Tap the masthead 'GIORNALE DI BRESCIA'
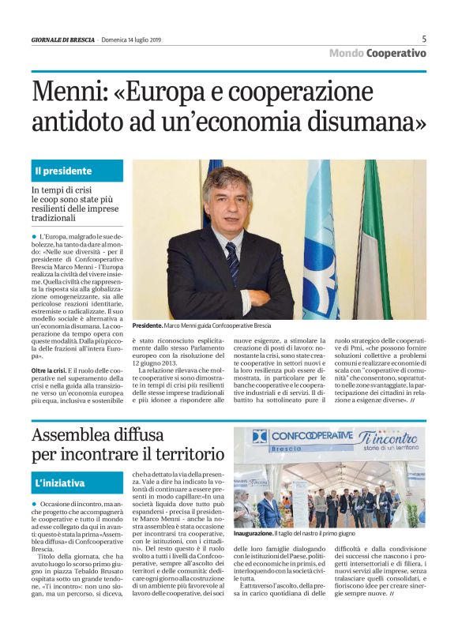point(63,39)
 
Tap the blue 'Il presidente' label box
point(77,171)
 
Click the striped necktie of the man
point(232,260)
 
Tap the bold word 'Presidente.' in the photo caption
point(148,326)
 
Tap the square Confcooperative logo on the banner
point(260,437)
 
